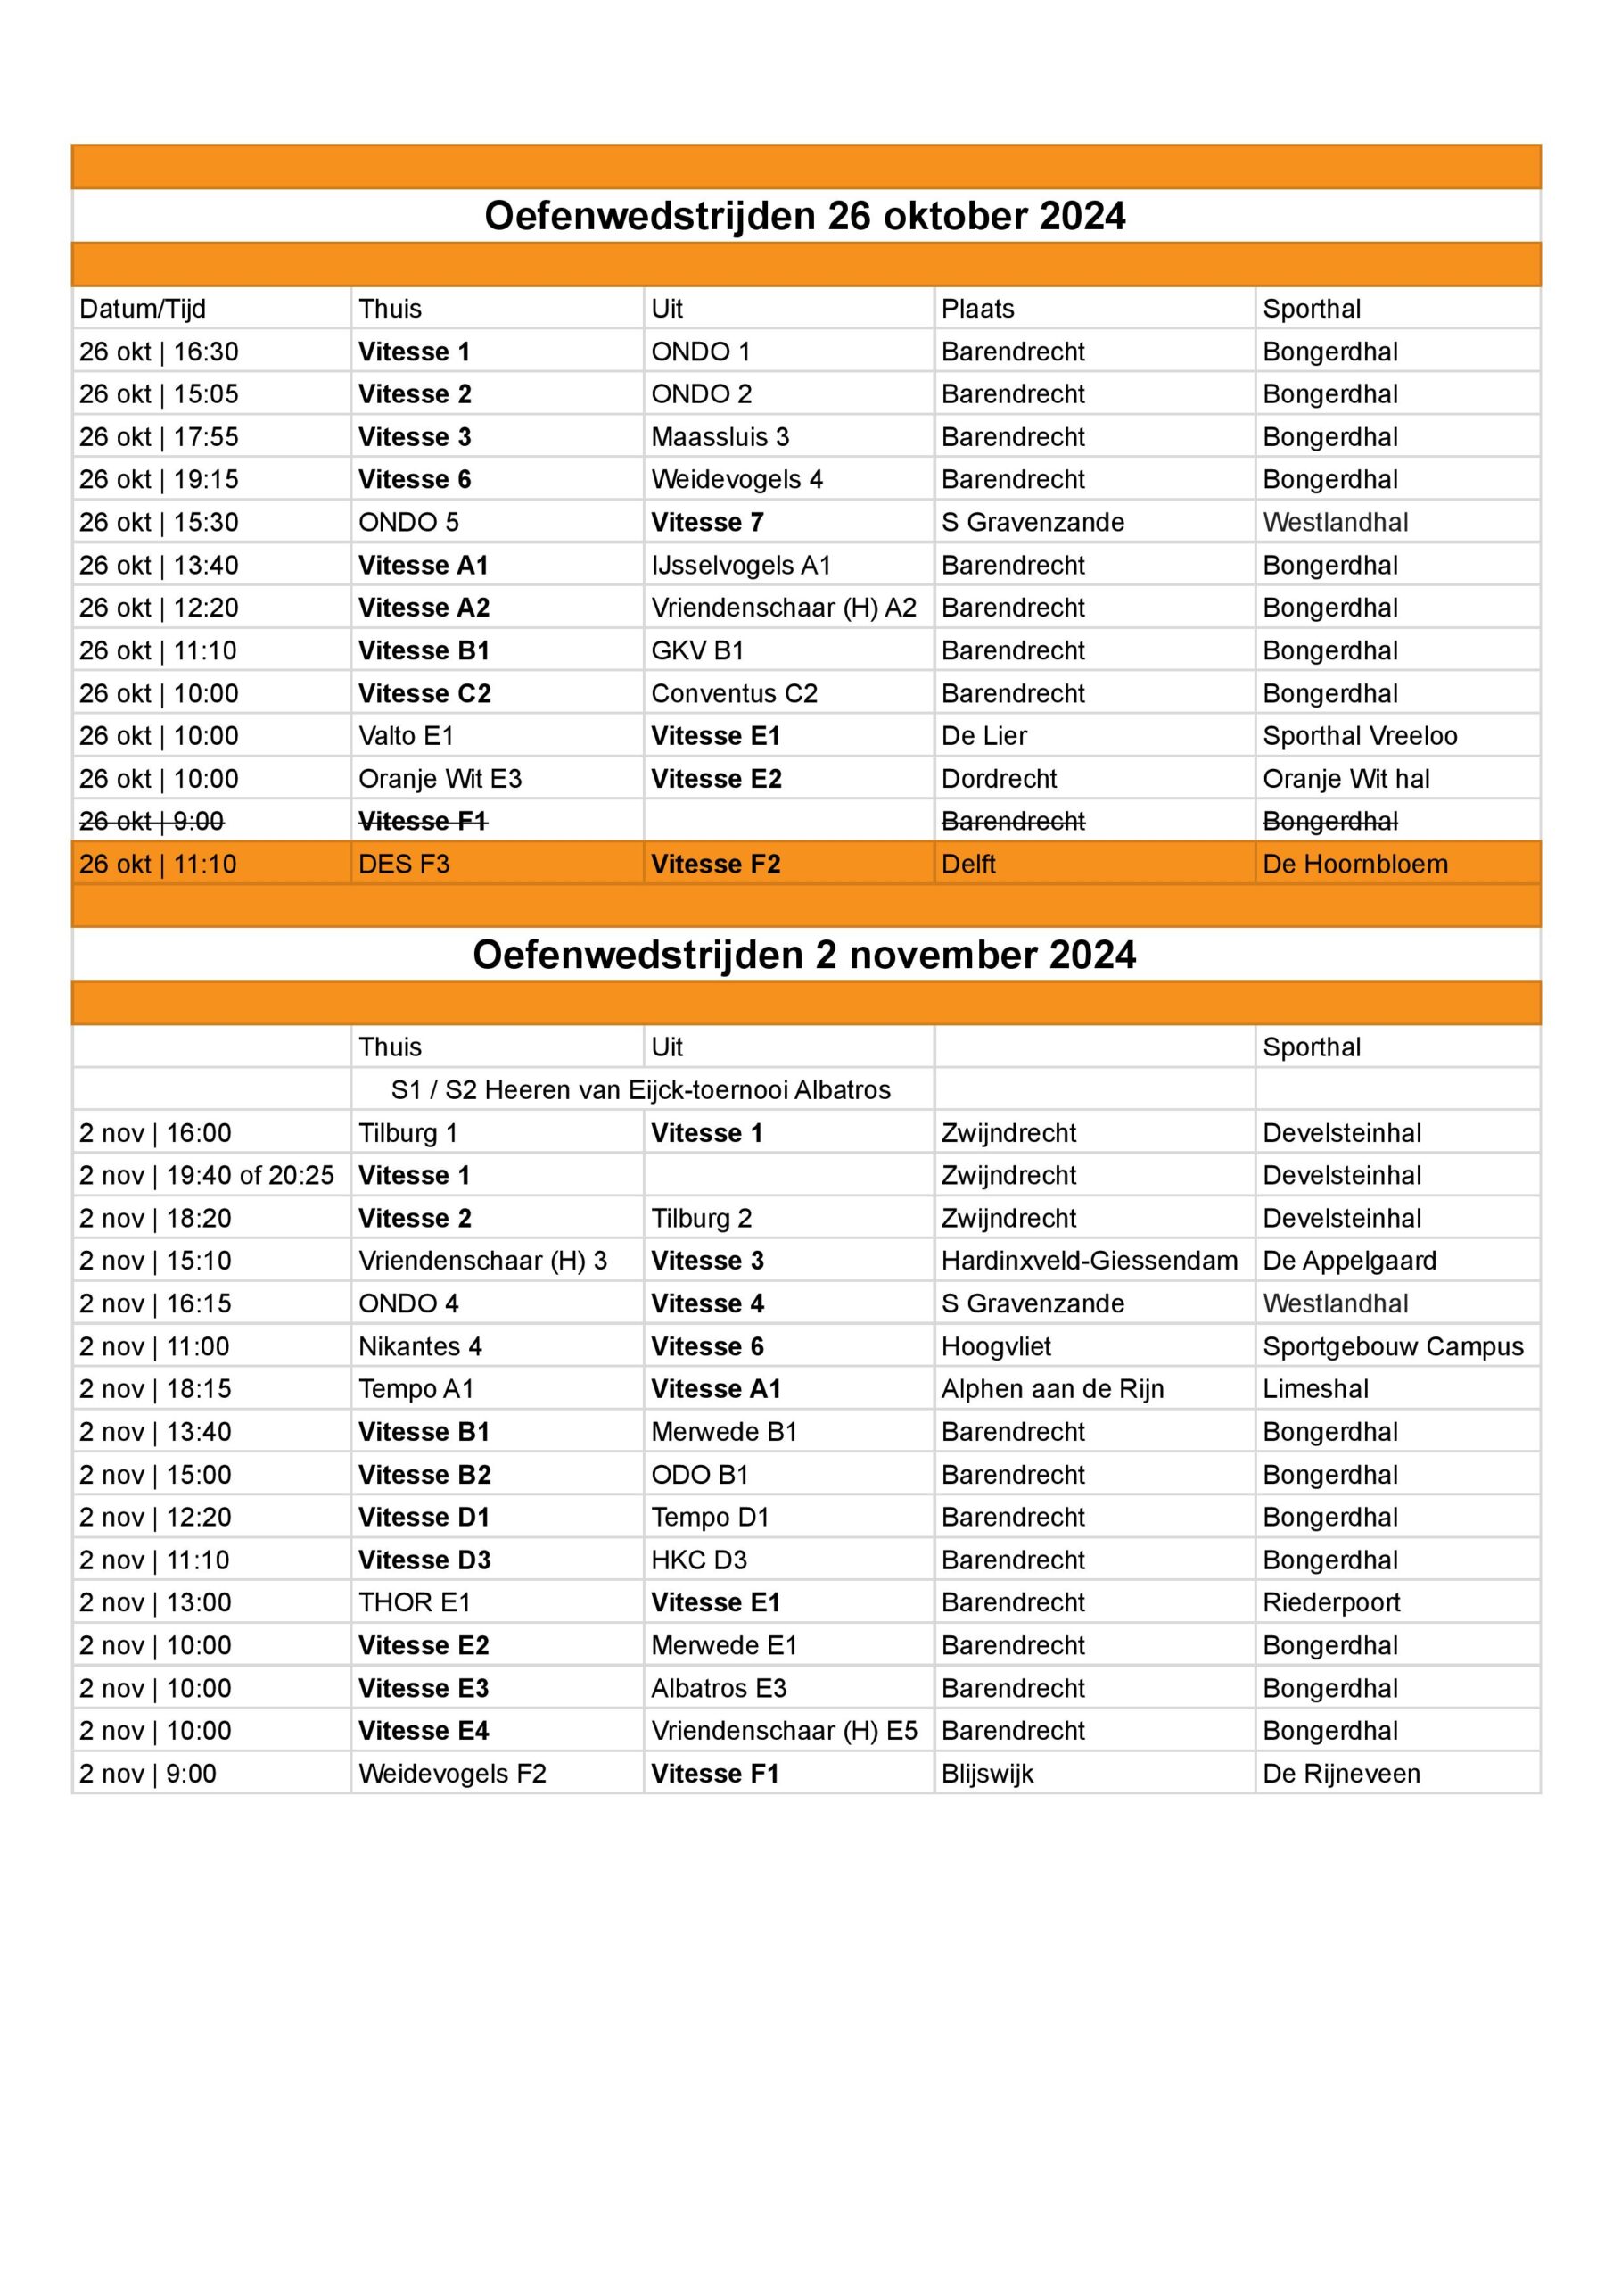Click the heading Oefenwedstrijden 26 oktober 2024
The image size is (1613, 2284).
click(804, 216)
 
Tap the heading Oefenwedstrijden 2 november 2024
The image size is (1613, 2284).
click(804, 955)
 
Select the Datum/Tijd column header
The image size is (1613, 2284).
click(142, 309)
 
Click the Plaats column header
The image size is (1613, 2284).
click(977, 309)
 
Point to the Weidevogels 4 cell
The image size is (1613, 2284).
click(737, 479)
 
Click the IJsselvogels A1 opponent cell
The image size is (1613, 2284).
click(741, 565)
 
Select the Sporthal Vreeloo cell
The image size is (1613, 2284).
click(1360, 736)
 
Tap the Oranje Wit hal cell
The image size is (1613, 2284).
click(1346, 779)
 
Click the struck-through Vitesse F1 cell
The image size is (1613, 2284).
click(423, 822)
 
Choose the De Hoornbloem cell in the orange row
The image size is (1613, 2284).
click(1354, 865)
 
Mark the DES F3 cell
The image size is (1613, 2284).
click(404, 865)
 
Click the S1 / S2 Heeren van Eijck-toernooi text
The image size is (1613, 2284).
click(640, 1090)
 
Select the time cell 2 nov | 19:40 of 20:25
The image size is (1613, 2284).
click(206, 1176)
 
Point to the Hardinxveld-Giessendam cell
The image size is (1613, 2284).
click(1089, 1262)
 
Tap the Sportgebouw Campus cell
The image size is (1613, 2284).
click(1392, 1347)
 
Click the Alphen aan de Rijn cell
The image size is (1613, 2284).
click(1052, 1390)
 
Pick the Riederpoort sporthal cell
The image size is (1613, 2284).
click(1330, 1602)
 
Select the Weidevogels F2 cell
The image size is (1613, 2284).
click(452, 1774)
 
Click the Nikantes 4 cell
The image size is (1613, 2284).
click(420, 1347)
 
